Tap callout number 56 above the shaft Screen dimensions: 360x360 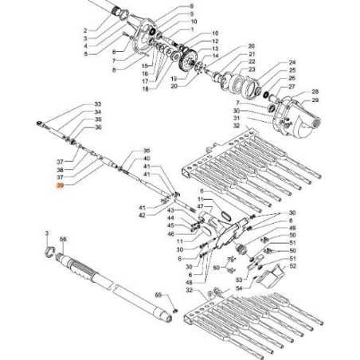point(63,239)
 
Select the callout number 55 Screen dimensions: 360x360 point(158,294)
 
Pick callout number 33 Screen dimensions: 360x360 point(98,105)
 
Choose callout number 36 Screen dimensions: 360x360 point(98,127)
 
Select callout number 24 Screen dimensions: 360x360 point(292,62)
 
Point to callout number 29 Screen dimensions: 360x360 point(315,101)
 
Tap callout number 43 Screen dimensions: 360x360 point(170,209)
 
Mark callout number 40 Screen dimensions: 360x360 point(146,158)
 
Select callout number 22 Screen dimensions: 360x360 point(252,61)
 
